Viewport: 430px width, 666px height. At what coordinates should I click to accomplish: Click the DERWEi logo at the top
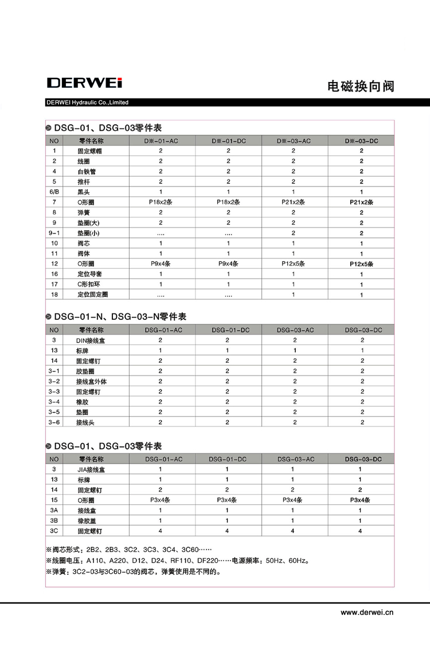point(84,83)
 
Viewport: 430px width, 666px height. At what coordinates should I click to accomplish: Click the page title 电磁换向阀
point(361,87)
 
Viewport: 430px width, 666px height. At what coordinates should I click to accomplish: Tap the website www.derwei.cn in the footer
point(367,612)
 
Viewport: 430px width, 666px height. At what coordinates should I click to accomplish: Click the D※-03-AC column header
point(294,141)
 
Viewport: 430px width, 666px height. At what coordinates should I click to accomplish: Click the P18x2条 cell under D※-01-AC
point(161,202)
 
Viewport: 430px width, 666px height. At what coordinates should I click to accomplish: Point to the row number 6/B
point(54,191)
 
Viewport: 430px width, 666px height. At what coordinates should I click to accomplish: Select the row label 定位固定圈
point(93,295)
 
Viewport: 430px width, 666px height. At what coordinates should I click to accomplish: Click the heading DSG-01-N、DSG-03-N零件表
point(120,316)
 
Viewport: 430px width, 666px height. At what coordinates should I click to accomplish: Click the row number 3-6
point(54,422)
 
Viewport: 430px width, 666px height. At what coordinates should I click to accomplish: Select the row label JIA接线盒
point(91,469)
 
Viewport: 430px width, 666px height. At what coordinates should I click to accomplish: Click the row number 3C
point(54,531)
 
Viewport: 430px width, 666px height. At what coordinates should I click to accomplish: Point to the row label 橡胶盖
point(87,520)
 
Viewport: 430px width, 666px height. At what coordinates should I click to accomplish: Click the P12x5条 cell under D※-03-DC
point(361,264)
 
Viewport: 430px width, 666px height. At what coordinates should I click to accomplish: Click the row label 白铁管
point(87,171)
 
